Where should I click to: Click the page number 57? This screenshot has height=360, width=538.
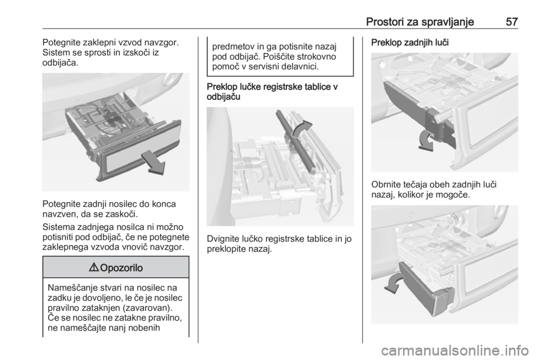(x=512, y=22)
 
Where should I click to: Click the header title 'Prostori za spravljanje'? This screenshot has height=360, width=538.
(x=420, y=22)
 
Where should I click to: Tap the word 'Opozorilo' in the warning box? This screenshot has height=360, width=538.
(x=122, y=267)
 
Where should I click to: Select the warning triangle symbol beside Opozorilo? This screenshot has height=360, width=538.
(x=94, y=267)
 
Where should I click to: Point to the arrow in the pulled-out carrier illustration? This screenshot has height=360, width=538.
(x=154, y=162)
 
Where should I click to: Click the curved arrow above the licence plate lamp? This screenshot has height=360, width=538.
(x=302, y=129)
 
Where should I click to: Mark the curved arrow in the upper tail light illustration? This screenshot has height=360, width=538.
(x=426, y=140)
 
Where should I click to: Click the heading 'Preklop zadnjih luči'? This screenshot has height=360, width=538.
(x=410, y=43)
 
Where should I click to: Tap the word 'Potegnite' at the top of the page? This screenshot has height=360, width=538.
(x=61, y=43)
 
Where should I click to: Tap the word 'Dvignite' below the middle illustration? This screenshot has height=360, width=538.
(x=223, y=239)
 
